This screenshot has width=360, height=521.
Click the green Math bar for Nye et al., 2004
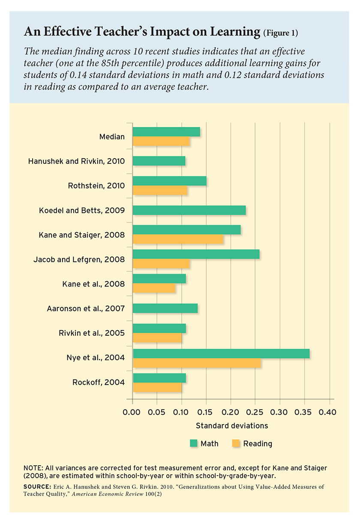[221, 354]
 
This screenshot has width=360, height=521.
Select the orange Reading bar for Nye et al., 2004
[197, 363]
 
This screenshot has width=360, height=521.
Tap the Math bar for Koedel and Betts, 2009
[189, 210]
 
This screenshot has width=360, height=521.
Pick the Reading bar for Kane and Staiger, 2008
[178, 239]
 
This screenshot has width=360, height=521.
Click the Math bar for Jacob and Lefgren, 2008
[196, 254]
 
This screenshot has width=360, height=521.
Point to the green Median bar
[166, 132]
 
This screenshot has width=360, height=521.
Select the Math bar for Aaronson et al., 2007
[165, 308]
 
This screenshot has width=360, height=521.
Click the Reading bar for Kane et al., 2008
[154, 288]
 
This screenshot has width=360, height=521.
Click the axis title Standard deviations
[232, 426]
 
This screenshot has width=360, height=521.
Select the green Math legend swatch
[193, 443]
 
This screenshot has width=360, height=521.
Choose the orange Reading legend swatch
[236, 443]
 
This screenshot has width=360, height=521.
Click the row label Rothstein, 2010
[96, 186]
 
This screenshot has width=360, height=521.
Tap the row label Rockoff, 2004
[99, 382]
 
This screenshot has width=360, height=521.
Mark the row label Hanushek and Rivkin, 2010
[76, 162]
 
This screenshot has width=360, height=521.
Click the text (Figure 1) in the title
[281, 33]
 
